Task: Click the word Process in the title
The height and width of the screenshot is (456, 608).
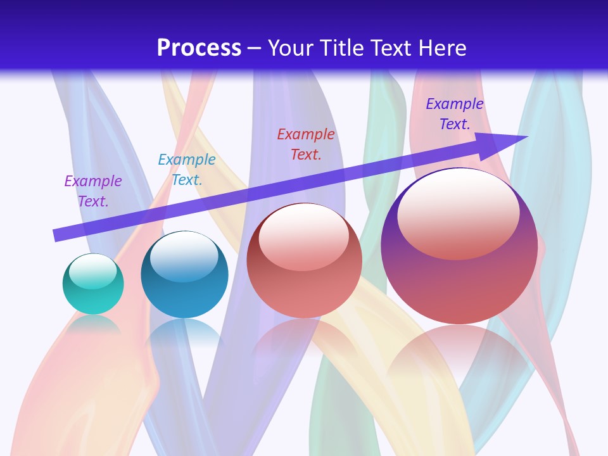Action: [199, 48]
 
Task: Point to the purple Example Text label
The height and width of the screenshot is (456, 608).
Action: [93, 191]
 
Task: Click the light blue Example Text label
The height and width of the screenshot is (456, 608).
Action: [187, 170]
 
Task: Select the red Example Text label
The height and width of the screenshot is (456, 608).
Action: [306, 144]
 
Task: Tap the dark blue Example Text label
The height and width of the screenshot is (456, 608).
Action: [455, 114]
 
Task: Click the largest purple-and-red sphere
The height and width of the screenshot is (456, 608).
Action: [459, 285]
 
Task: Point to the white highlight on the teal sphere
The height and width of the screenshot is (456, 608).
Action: [93, 271]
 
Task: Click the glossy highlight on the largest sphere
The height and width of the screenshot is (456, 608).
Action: [458, 212]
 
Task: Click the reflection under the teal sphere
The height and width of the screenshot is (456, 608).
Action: [93, 324]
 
